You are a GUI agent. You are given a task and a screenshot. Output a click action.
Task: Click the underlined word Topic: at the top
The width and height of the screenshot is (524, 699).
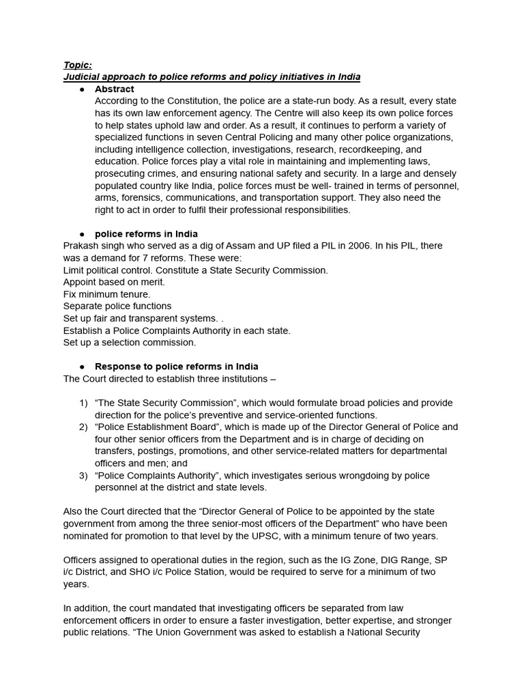[77, 65]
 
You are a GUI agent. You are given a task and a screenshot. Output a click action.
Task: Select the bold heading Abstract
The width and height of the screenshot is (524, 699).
[114, 89]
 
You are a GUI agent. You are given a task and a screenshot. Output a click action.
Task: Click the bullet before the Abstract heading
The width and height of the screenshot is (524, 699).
[82, 89]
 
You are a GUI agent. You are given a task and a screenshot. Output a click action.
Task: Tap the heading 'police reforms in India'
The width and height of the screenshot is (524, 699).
[146, 233]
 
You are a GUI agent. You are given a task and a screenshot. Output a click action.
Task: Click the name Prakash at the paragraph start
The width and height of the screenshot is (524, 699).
[81, 246]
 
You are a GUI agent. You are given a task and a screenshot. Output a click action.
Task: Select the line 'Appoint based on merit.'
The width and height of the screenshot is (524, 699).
[114, 282]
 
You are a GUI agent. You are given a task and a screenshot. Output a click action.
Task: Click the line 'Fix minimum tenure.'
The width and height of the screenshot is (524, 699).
[106, 294]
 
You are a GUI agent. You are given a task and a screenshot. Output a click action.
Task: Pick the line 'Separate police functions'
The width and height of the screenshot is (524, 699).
[117, 306]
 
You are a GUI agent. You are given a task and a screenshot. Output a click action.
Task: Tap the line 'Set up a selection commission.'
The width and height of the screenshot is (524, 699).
[129, 343]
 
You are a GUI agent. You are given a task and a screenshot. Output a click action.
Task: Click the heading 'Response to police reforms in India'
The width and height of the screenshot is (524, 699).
[176, 367]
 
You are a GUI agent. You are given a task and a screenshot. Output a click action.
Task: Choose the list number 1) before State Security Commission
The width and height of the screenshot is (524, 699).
[83, 403]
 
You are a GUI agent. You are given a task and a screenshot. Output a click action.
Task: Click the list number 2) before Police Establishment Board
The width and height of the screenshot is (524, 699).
[83, 427]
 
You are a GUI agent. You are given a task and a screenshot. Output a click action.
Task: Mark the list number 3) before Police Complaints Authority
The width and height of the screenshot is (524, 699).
[83, 476]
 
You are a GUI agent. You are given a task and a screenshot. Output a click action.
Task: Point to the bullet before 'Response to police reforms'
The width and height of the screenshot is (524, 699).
[82, 367]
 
